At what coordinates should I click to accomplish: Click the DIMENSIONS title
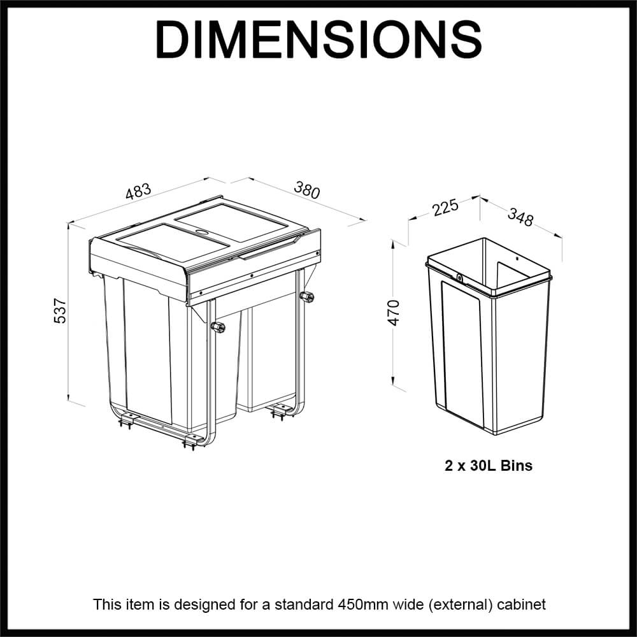coord(318,39)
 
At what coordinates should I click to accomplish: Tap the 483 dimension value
coord(138,192)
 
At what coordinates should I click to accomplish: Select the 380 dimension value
coord(306,190)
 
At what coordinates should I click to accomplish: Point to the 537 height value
coord(60,310)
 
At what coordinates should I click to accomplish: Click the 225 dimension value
coord(445,208)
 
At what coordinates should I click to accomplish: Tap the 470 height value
coord(394,312)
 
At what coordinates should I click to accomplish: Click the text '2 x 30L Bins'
coord(489,466)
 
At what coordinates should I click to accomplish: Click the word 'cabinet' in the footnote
coord(524,604)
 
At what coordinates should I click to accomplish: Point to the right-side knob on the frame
coord(309,297)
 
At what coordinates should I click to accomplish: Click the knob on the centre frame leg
coord(218,327)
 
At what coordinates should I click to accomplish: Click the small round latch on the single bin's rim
coord(459,277)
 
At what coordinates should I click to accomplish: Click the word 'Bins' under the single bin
coord(517,466)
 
